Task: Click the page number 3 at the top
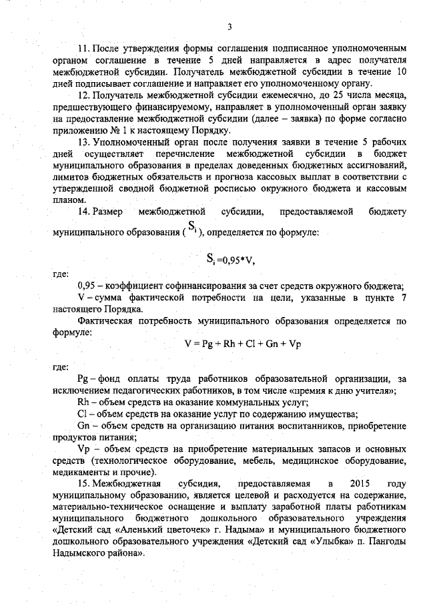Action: coord(229,27)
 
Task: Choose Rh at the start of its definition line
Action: coord(83,402)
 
